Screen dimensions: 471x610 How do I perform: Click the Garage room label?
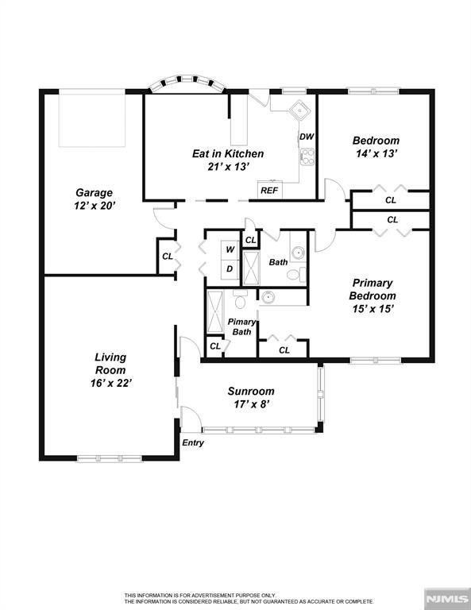(95, 192)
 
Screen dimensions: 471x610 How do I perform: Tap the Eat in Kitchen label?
(228, 153)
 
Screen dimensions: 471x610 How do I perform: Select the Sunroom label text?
(251, 391)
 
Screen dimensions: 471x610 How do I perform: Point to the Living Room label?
(111, 363)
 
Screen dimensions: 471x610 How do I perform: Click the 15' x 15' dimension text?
(373, 309)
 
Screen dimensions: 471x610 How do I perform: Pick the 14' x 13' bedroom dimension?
(376, 153)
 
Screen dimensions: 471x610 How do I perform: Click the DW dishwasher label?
(307, 137)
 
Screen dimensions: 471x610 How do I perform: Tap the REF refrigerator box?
(270, 191)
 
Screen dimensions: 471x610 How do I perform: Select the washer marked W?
(230, 250)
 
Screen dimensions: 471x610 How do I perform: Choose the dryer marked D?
(230, 269)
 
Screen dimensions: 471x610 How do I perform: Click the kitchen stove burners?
(307, 157)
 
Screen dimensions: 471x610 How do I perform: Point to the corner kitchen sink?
(300, 110)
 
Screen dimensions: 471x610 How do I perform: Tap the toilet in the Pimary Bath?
(241, 299)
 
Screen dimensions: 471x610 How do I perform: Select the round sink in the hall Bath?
(299, 253)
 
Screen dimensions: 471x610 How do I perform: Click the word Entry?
(193, 442)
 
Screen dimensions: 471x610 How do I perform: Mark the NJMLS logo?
(447, 598)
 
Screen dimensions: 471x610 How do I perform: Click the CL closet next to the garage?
(168, 257)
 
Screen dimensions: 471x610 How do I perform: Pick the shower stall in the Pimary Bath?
(214, 312)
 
